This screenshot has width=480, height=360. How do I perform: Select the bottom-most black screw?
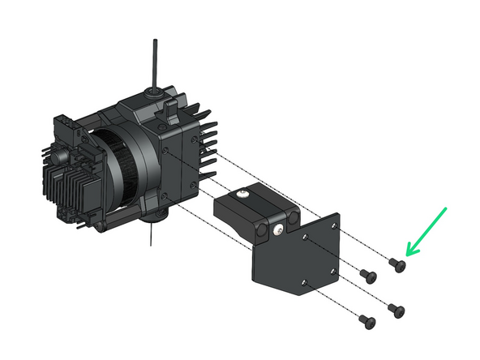tap(365, 322)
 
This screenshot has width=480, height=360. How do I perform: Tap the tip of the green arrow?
tap(407, 255)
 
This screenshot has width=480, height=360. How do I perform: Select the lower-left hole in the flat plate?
tap(303, 282)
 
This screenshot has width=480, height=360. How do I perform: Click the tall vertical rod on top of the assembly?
tap(153, 61)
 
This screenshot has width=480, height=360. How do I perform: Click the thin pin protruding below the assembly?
tap(150, 238)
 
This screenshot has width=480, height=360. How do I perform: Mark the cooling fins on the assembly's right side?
tap(208, 146)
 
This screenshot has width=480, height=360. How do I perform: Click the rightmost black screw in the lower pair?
tap(395, 309)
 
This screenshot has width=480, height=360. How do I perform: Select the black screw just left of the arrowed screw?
tap(370, 276)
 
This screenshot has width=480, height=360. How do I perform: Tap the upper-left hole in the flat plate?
tap(303, 237)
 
